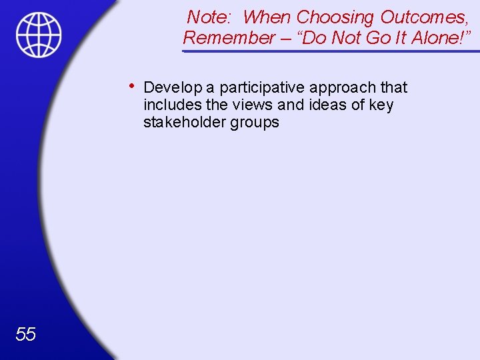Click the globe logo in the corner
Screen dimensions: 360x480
pos(39,35)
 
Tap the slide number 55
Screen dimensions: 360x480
pos(25,333)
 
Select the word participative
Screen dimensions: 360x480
pos(263,87)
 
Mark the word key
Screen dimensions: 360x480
pos(381,105)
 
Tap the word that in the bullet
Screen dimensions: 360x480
pos(394,87)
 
